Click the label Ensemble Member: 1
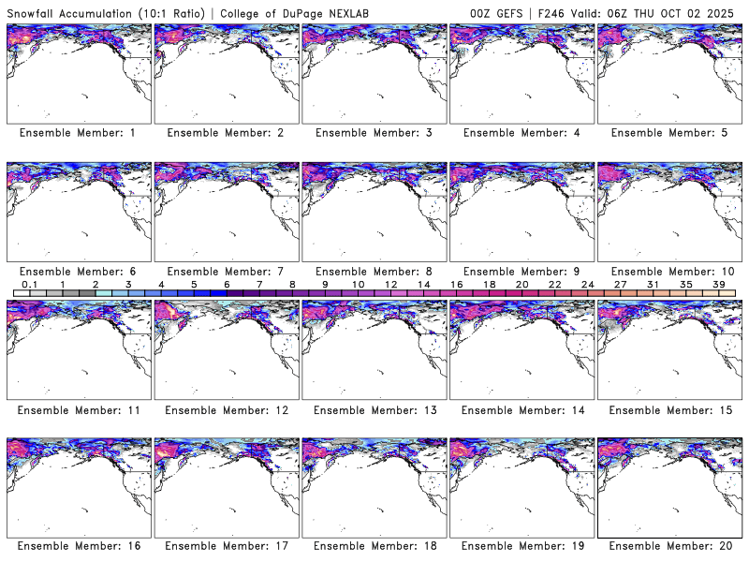point(77,133)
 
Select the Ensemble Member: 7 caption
point(225,271)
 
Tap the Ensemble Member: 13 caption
point(373,409)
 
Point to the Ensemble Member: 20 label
point(668,546)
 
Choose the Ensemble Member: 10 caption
point(668,271)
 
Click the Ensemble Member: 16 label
point(77,546)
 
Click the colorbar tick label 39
point(719,284)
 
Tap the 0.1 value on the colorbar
point(29,284)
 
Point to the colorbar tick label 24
point(588,284)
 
